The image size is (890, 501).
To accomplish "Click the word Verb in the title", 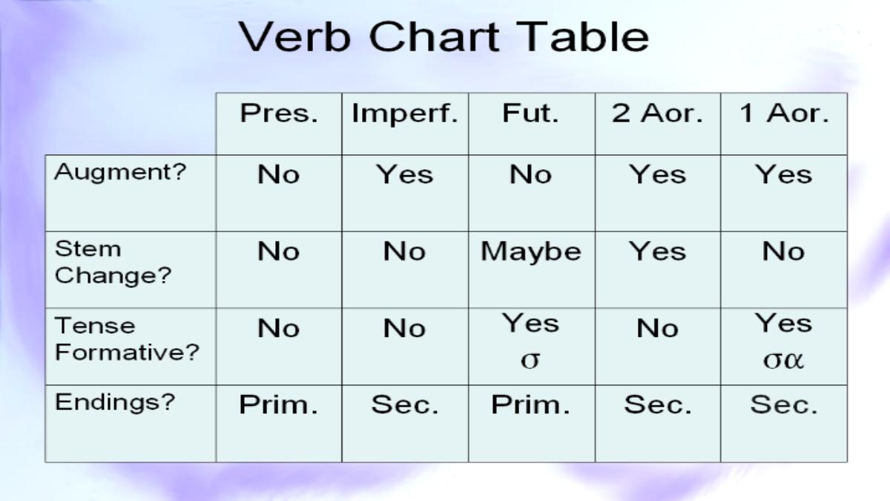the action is pos(294,37).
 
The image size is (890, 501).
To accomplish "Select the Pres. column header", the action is pos(279,114).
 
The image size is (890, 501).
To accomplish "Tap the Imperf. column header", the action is pos(405,114).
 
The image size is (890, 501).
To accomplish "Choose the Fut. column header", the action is pos(531,114).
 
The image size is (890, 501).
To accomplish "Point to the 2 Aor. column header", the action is pos(658,114).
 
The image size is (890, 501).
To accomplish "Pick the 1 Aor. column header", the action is pos(784,114).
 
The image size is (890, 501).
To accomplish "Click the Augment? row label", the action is pos(120,173).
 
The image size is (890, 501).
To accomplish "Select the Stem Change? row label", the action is pos(113,263).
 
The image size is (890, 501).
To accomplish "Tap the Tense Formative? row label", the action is pos(127,339).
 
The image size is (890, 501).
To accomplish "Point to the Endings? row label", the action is pos(115,403).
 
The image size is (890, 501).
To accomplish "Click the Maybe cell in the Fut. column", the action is pos(531,252).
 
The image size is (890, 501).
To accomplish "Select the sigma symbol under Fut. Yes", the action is pos(530,360).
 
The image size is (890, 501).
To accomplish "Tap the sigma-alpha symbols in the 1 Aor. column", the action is pos(783,360).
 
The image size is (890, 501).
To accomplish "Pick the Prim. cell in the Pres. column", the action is pos(279,405).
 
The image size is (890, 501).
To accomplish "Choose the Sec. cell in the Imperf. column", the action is pos(405,405).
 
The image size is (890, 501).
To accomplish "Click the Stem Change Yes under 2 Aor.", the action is pos(658,252).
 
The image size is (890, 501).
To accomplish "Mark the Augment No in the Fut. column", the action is pos(531,175).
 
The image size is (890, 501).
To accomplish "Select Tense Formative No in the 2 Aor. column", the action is pos(658,329).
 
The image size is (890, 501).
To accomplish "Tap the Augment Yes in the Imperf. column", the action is pos(405,175).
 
